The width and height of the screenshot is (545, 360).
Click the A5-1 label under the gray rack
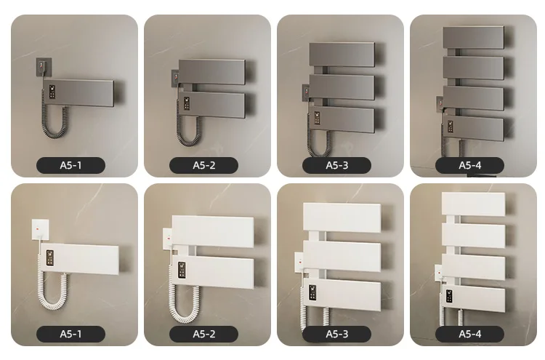click(x=70, y=166)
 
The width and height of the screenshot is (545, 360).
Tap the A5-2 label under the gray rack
click(x=203, y=166)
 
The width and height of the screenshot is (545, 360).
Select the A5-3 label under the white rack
click(x=336, y=335)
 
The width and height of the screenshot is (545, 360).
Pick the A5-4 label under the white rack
click(x=469, y=335)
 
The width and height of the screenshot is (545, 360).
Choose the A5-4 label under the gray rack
click(x=469, y=166)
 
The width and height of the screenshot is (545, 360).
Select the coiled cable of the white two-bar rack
click(x=177, y=302)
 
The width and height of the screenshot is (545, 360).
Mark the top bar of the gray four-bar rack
click(x=473, y=37)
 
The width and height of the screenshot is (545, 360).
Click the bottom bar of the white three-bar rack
click(x=342, y=296)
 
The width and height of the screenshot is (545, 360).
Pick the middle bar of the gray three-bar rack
click(x=342, y=87)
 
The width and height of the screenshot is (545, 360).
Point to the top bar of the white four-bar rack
click(x=473, y=204)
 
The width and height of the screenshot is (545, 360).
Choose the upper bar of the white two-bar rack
click(x=213, y=231)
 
